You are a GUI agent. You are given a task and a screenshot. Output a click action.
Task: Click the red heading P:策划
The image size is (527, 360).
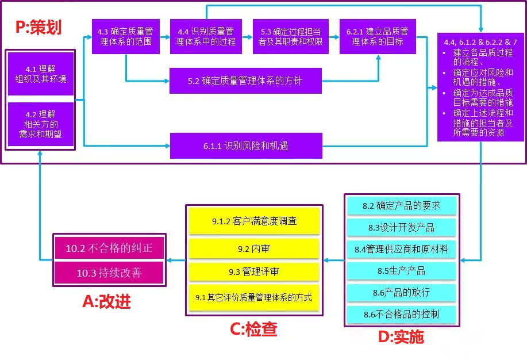tap(38, 27)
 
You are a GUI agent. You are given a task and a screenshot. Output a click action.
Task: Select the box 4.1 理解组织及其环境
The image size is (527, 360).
tap(40, 74)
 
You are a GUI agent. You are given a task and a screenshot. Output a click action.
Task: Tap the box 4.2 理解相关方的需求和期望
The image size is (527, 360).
tap(40, 124)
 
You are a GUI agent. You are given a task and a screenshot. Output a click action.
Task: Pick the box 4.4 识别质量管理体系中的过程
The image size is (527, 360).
tap(206, 37)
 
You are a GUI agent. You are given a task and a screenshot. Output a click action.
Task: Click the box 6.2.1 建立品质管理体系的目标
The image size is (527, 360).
tap(378, 37)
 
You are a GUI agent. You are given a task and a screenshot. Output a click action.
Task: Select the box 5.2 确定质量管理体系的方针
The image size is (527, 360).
tap(245, 81)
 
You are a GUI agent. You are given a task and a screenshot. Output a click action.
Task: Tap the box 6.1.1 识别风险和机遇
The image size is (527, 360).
tap(245, 146)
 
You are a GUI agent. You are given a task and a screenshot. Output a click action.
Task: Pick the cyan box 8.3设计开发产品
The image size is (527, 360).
tap(401, 227)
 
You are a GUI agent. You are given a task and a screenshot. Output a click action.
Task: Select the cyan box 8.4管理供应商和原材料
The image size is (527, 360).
tap(401, 249)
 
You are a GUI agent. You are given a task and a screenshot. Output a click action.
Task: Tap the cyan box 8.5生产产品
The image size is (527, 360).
tap(401, 270)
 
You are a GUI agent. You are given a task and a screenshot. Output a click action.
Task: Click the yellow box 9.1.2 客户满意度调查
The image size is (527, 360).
tap(253, 221)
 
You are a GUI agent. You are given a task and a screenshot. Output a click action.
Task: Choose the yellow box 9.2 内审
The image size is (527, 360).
tap(253, 249)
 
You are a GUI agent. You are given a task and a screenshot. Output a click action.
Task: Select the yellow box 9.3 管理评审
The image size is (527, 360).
tap(253, 271)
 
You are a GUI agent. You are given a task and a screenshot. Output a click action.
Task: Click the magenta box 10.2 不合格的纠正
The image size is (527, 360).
tap(109, 249)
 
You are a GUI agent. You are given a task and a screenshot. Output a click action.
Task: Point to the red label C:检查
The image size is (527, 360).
tap(253, 329)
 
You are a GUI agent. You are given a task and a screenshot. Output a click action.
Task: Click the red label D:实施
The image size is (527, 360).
tap(401, 336)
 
